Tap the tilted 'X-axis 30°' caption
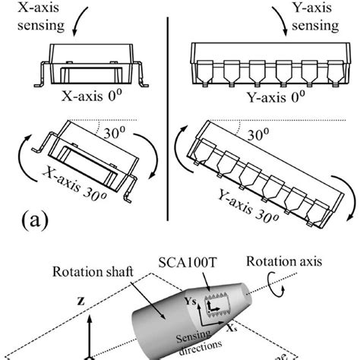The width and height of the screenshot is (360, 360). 81,189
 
